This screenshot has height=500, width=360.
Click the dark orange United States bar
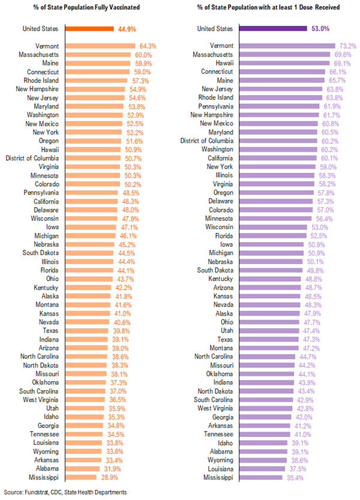click(89, 29)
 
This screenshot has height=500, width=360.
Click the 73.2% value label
click(331, 46)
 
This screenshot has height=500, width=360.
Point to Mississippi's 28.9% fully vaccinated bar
click(80, 477)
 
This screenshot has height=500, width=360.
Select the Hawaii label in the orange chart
click(49, 149)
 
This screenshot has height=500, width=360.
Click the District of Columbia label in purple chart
click(205, 140)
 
